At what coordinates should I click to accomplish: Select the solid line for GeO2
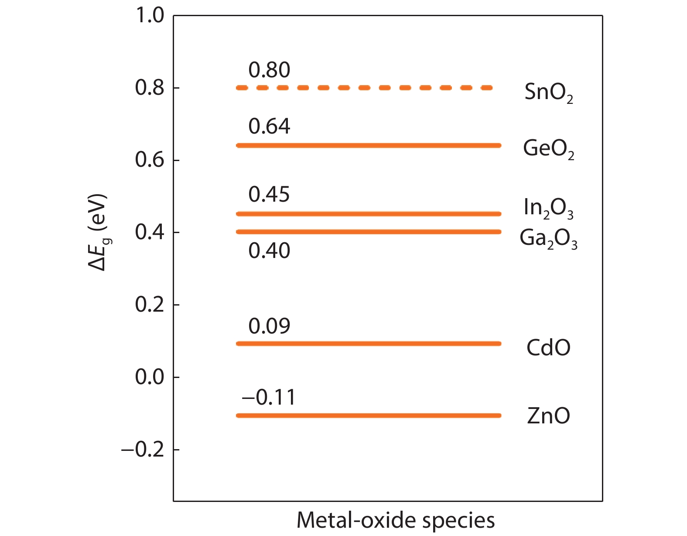click(x=369, y=145)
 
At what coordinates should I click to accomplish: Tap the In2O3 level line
click(x=369, y=214)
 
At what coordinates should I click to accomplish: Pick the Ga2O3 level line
click(x=369, y=232)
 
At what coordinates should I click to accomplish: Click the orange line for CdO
click(x=369, y=344)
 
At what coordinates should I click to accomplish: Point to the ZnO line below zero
click(x=369, y=416)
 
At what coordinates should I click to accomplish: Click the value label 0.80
click(x=269, y=70)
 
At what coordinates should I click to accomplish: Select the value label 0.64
click(x=269, y=126)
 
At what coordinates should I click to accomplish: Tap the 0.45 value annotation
click(x=269, y=194)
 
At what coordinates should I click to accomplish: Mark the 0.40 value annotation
click(x=269, y=251)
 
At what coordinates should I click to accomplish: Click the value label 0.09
click(x=269, y=326)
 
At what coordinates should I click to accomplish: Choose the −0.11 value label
click(x=268, y=397)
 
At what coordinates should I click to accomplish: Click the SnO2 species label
click(x=548, y=93)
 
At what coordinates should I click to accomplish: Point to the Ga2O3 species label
click(x=548, y=239)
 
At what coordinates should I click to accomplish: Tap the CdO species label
click(x=548, y=348)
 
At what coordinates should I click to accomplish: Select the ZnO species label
click(x=548, y=416)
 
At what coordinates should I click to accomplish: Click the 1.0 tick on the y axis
click(x=150, y=16)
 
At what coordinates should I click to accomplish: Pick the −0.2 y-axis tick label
click(x=143, y=450)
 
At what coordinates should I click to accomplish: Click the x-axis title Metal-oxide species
click(x=396, y=521)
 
